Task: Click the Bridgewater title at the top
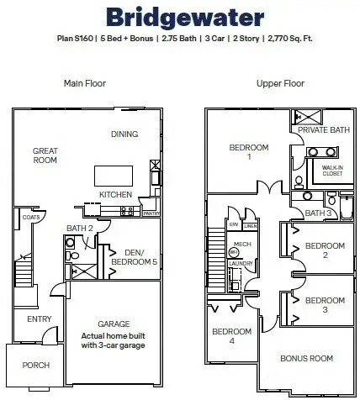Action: click(179, 18)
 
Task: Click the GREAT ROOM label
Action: click(45, 156)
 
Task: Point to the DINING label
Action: click(124, 134)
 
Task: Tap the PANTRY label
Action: click(151, 213)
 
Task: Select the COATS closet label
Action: click(31, 217)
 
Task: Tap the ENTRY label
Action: click(39, 319)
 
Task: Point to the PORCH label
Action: click(36, 365)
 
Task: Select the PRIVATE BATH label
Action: click(323, 131)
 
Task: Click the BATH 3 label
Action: click(316, 213)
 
